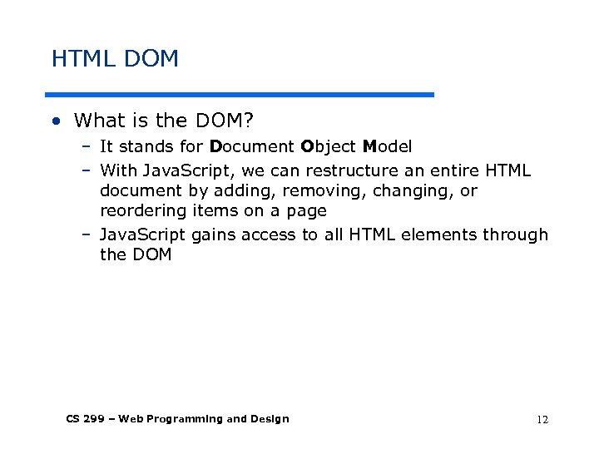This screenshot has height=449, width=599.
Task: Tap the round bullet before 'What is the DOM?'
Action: (x=56, y=121)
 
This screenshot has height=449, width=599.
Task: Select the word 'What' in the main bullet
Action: (x=98, y=121)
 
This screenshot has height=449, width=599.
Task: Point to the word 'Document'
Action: (x=251, y=147)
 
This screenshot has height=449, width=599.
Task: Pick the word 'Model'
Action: (x=387, y=147)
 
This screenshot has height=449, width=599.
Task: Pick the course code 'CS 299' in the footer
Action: (x=85, y=419)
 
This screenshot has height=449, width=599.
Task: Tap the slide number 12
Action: (x=542, y=420)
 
